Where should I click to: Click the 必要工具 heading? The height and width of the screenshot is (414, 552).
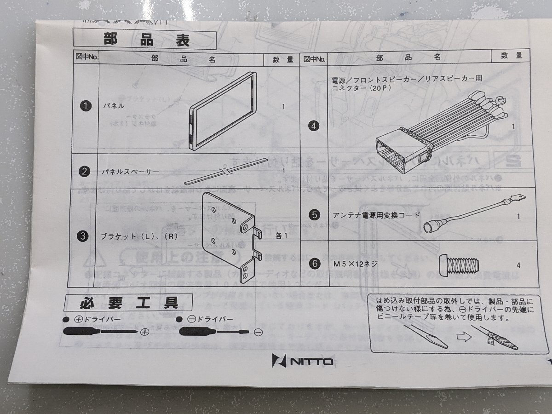129,303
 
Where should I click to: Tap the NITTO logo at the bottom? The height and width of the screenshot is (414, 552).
302,361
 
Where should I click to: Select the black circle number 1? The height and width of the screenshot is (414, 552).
85,106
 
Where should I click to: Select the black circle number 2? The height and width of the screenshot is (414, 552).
85,172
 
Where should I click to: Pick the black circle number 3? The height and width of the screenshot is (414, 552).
83,237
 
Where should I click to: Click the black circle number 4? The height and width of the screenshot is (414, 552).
315,126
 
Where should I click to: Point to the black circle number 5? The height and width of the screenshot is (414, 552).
315,214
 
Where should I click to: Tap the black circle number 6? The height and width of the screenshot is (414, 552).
315,264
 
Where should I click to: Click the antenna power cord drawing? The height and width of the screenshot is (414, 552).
474,212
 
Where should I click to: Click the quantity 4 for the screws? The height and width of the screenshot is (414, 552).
518,265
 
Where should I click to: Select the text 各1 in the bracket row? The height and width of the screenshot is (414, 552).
281,236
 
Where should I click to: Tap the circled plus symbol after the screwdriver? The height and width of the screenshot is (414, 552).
145,332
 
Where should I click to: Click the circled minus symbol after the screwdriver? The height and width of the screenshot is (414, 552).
258,332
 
